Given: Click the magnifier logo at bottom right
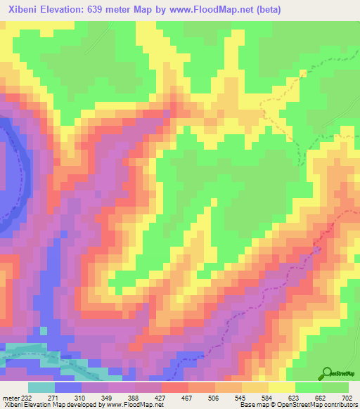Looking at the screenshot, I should pyautogui.click(x=328, y=372).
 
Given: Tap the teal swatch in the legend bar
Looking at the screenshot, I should pyautogui.click(x=41, y=387).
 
